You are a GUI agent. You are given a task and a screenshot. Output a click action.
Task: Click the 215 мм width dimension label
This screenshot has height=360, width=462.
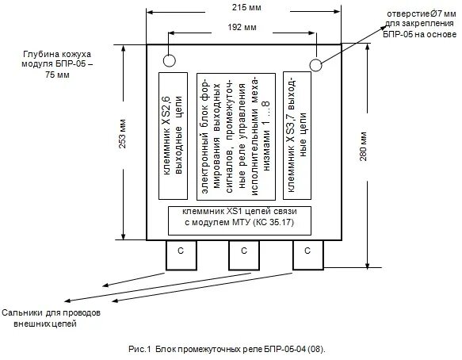pyautogui.click(x=246, y=7)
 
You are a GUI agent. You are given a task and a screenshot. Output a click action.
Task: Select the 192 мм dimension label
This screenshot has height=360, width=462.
pyautogui.click(x=242, y=28)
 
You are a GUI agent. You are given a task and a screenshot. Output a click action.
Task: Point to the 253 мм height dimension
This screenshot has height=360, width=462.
pyautogui.click(x=123, y=133)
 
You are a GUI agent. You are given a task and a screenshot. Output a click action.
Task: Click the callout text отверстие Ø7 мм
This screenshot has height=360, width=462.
pyautogui.click(x=422, y=13)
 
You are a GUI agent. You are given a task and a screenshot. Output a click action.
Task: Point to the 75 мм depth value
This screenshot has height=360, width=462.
pyautogui.click(x=58, y=75)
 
